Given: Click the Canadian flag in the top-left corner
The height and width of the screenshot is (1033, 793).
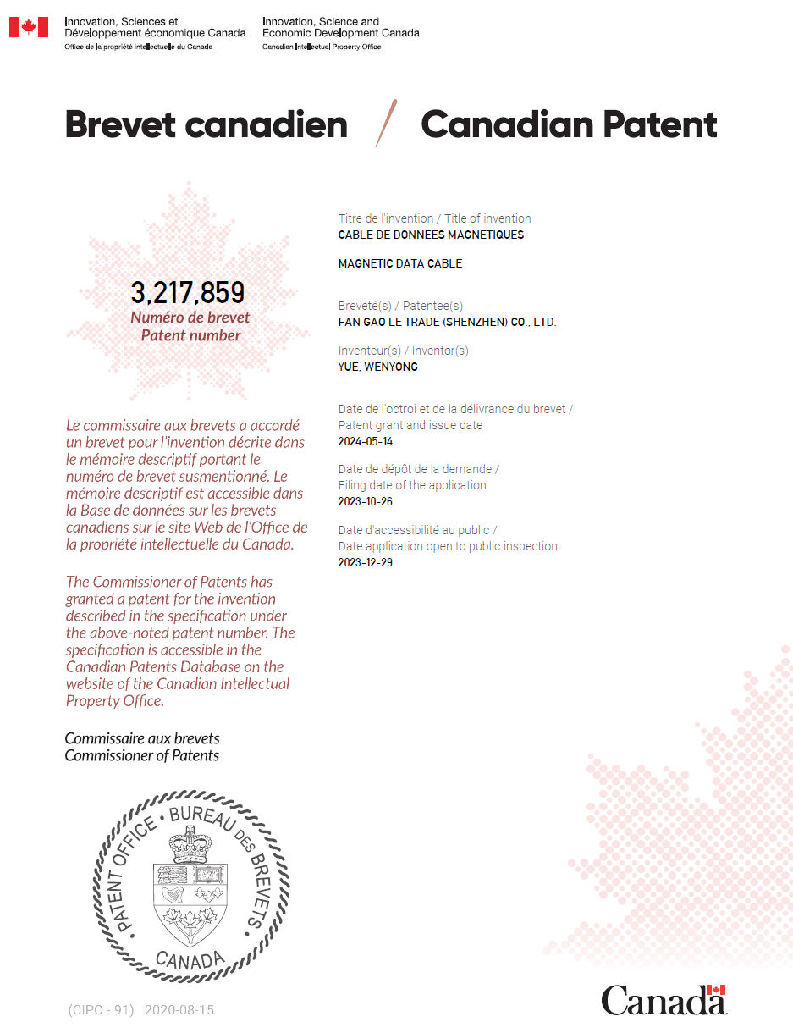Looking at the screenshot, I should [x=29, y=27].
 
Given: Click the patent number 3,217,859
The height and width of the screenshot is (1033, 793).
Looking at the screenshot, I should [x=187, y=293].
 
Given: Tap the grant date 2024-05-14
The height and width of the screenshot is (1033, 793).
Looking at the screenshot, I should [x=366, y=441].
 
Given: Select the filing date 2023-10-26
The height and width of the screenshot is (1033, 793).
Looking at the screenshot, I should [x=366, y=501].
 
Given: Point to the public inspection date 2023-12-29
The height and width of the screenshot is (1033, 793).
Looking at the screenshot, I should [x=366, y=562].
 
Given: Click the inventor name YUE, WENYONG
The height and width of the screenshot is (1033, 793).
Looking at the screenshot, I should [x=377, y=367].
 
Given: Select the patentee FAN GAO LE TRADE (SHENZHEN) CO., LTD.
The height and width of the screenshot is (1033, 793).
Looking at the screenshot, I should [x=447, y=322].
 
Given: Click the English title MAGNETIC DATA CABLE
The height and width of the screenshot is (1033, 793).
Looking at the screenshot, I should [x=399, y=263].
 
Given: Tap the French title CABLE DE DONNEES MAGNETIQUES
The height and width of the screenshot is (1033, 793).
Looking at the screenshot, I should [x=431, y=235].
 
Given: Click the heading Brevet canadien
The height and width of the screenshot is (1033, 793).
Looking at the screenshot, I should [x=206, y=125].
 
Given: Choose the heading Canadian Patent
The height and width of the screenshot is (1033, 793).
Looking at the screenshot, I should [x=569, y=125].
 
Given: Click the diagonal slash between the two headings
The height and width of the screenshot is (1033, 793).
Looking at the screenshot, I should [x=386, y=123].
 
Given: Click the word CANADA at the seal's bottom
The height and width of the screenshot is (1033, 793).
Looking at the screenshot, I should [x=190, y=959].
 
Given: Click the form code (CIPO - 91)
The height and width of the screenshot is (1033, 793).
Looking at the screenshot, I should [x=101, y=1010].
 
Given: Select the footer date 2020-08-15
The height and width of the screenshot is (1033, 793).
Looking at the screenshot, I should [x=179, y=1010].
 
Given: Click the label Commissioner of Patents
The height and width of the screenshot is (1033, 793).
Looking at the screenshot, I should [x=142, y=755].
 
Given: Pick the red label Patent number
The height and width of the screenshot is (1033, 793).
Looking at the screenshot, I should [x=190, y=335].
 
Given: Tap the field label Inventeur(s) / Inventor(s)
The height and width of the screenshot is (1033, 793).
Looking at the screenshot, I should [x=403, y=351].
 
